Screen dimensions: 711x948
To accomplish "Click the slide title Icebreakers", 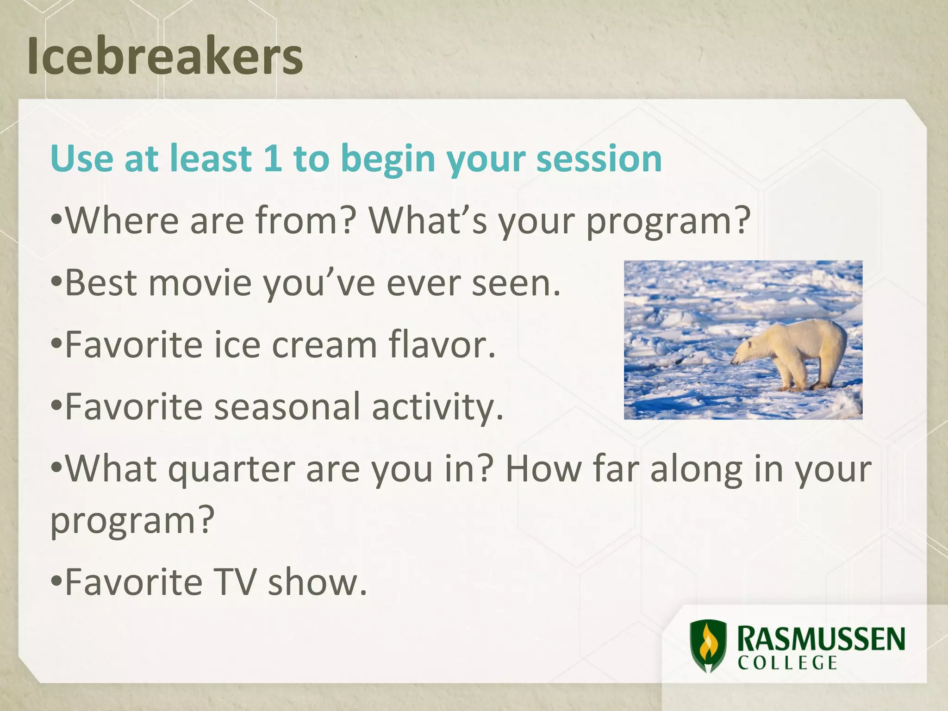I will point(165,56).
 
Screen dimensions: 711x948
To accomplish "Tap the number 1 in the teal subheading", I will point(272,158).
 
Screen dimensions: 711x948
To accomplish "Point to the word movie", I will point(200,283).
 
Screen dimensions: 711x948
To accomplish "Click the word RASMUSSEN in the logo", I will point(820,640).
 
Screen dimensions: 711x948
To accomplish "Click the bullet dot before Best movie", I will point(56,282).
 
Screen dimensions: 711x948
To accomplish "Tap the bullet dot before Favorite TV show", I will point(56,581).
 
